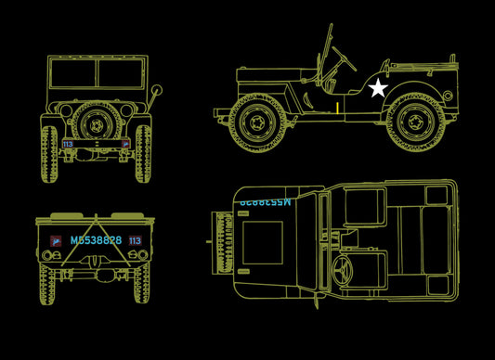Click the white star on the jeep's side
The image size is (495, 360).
378,89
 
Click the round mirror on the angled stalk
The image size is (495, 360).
156,91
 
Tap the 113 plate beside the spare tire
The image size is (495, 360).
68,144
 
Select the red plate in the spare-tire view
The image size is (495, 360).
124,144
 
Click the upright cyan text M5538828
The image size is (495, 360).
96,240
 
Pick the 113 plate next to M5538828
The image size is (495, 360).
136,240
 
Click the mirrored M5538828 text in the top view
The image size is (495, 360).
265,201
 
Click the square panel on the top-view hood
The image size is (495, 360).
264,241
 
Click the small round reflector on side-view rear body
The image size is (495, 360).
448,96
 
